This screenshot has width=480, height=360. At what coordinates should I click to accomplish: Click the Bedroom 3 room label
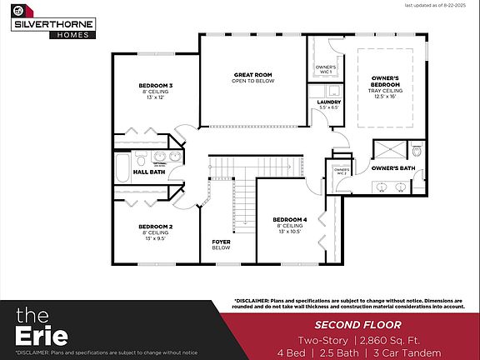pos(155,86)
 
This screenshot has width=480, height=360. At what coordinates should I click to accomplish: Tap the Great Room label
pos(252,75)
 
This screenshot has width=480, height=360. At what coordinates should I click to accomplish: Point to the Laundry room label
pos(329,102)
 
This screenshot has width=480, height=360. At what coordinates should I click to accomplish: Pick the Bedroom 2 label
pos(155,227)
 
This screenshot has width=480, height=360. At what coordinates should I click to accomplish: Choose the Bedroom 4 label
pos(289,220)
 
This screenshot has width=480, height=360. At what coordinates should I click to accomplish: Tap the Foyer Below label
pos(221,244)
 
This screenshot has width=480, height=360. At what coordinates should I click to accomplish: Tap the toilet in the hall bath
pos(142,157)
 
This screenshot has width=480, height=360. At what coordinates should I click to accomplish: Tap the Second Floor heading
pos(353,323)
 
